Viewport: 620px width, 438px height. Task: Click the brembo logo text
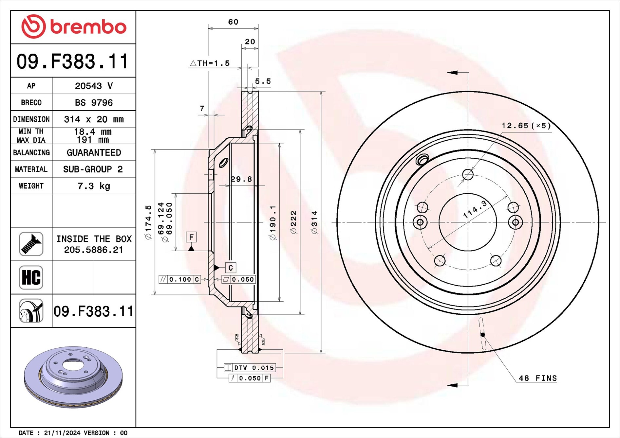coord(88,27)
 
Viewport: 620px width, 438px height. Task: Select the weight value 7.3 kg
coord(94,186)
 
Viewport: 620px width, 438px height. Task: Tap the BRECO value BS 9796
coord(94,102)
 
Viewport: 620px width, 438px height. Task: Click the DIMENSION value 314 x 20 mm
coord(94,119)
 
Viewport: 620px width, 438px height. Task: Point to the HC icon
coord(31,277)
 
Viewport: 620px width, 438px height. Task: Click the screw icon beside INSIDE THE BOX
coord(31,244)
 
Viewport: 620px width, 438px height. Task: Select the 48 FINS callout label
coord(537,378)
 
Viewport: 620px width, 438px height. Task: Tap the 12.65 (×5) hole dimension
coord(526,126)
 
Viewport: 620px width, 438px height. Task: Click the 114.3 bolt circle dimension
coord(475,209)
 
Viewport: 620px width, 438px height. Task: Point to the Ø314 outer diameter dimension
coord(314,222)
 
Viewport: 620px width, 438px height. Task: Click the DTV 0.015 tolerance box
coord(250,368)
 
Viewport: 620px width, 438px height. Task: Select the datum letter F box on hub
coord(191,237)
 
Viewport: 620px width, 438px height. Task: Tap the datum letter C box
coord(231,268)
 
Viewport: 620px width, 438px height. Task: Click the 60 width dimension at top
coord(233,22)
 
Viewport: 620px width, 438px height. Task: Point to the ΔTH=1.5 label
coord(210,63)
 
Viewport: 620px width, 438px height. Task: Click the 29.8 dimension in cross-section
coord(241,179)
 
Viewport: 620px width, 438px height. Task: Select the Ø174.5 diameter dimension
coord(148,222)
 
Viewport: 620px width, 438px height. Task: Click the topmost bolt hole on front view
coord(468,174)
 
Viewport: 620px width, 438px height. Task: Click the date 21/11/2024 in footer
coord(62,433)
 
